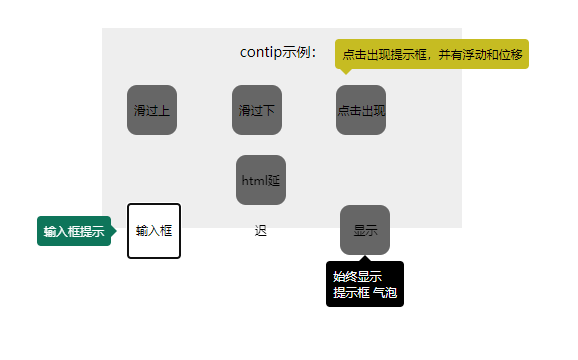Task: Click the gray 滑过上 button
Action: click(x=152, y=110)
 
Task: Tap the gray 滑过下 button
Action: click(x=257, y=110)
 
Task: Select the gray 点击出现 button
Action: click(x=361, y=110)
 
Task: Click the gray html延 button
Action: click(x=261, y=180)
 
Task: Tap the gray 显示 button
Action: click(x=365, y=230)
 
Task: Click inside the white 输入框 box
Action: click(x=154, y=231)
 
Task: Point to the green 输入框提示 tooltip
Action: click(x=74, y=231)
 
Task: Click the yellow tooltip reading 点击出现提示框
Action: click(x=432, y=54)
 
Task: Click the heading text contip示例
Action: click(x=278, y=52)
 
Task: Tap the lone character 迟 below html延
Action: click(x=261, y=231)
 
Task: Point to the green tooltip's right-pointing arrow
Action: click(x=114, y=231)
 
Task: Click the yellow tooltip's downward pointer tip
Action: click(x=346, y=74)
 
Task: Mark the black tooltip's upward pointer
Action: click(x=365, y=258)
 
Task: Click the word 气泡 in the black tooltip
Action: click(x=385, y=293)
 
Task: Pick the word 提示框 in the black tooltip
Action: click(x=351, y=293)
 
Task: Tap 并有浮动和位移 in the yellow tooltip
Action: click(x=480, y=55)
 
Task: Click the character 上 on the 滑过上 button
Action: click(x=164, y=110)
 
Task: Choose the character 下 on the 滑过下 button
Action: click(x=269, y=110)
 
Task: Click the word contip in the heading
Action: click(x=261, y=52)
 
